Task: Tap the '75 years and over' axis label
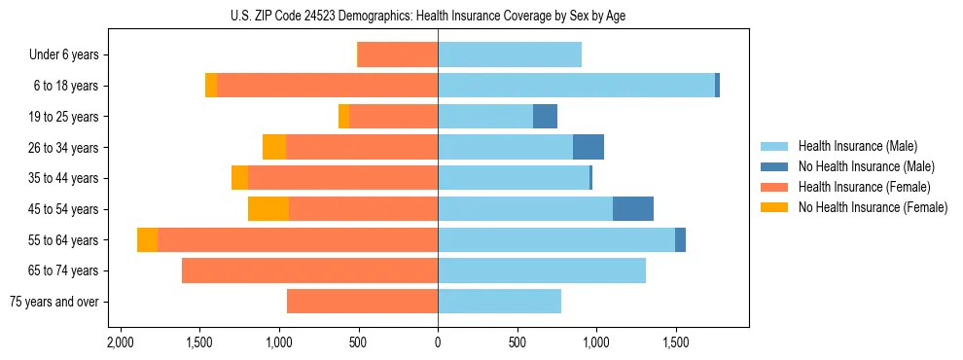click(53, 302)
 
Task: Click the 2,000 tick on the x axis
click(120, 343)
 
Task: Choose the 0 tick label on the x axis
click(438, 343)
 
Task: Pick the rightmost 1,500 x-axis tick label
click(675, 343)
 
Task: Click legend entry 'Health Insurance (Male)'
click(857, 146)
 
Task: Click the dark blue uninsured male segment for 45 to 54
click(633, 209)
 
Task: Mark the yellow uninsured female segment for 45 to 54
click(268, 209)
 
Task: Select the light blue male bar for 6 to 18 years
click(576, 86)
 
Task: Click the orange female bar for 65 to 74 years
click(309, 270)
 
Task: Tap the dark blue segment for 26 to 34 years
click(588, 147)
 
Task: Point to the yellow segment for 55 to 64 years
click(147, 239)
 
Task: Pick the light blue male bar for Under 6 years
click(510, 55)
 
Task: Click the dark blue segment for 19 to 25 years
click(545, 117)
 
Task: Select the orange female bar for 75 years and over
click(362, 302)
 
